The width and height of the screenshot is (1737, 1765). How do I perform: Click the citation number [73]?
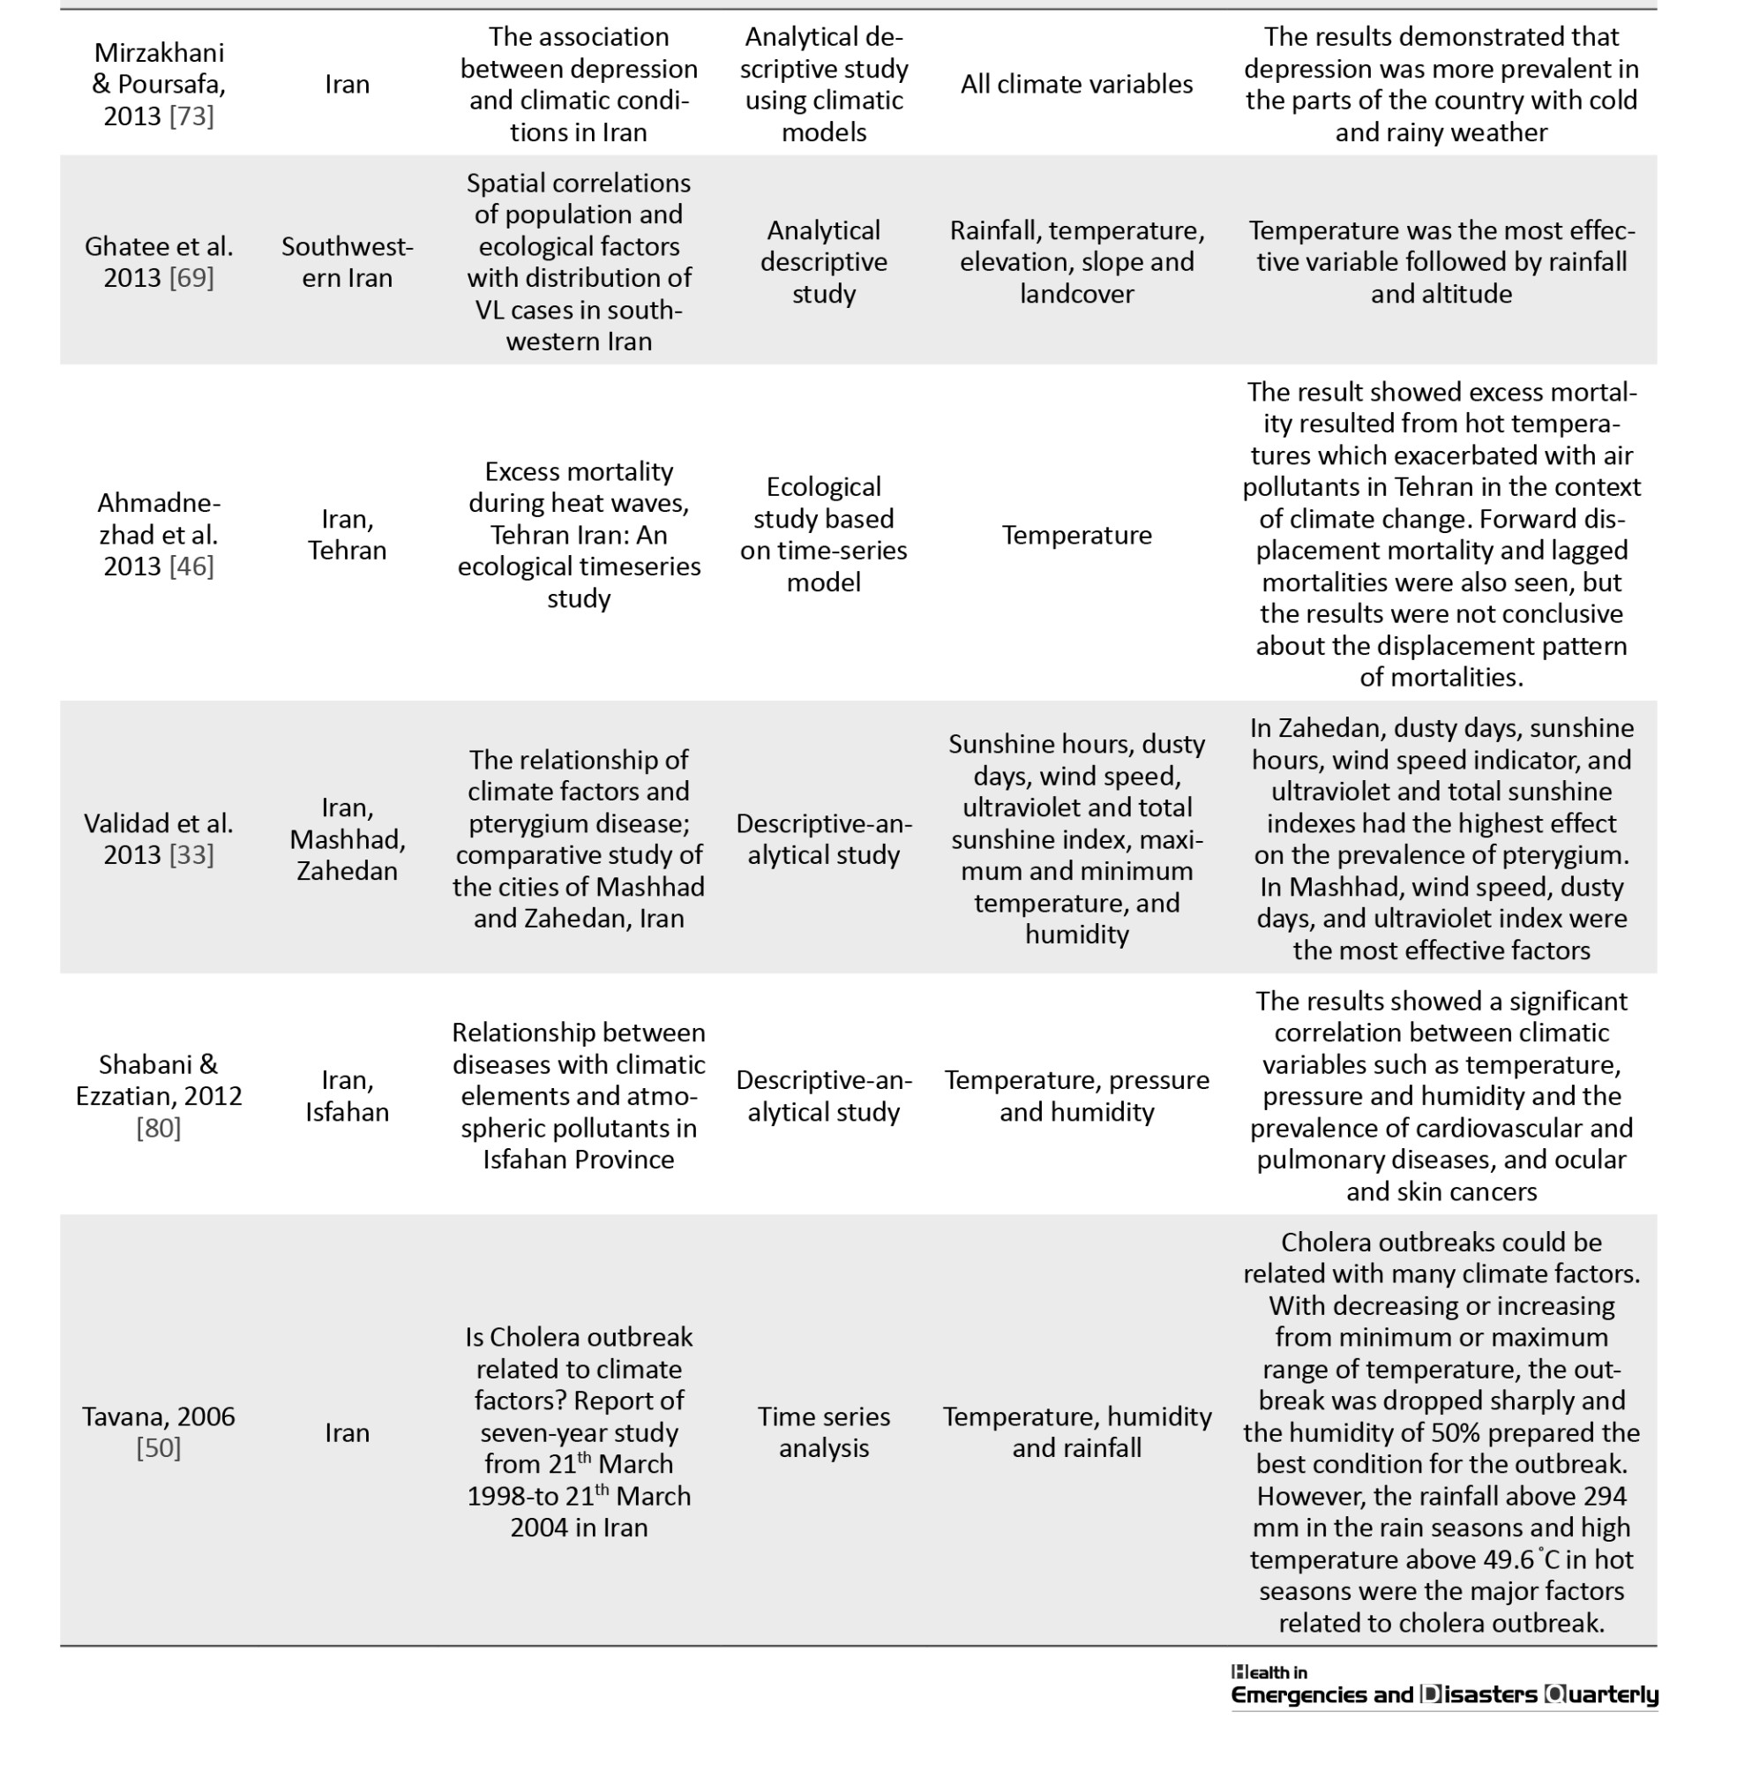[191, 116]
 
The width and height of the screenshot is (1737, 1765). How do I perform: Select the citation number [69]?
[191, 277]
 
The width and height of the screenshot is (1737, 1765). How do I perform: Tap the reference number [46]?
[191, 567]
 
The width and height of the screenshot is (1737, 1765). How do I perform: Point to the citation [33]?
[191, 855]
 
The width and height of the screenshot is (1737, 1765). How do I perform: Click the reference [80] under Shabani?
[159, 1128]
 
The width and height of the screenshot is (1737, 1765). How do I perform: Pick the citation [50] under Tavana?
[159, 1447]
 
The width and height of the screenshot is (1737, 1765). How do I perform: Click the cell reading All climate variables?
[1076, 84]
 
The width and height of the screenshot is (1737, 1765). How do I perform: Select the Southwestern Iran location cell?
[347, 262]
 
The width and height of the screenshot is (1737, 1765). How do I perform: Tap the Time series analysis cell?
[823, 1432]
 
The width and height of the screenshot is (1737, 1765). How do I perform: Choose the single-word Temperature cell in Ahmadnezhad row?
[1076, 535]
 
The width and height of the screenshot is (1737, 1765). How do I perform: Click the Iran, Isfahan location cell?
[347, 1096]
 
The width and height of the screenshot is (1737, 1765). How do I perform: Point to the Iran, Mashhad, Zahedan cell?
[347, 839]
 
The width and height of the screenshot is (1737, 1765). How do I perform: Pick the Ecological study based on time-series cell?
[823, 535]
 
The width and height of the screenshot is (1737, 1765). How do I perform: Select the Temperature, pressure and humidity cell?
[1076, 1096]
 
